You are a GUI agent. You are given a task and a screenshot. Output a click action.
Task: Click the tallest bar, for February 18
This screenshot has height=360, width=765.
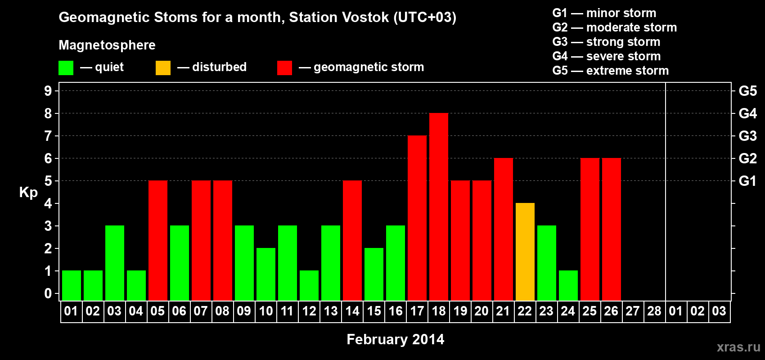click(438, 207)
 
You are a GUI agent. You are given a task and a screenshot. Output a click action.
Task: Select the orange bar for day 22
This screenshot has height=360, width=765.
click(525, 252)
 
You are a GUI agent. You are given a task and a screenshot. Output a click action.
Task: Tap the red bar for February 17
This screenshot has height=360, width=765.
click(417, 218)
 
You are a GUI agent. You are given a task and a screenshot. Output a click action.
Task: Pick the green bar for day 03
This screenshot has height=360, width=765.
click(114, 263)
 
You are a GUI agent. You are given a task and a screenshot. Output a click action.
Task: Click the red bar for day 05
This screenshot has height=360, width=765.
click(157, 240)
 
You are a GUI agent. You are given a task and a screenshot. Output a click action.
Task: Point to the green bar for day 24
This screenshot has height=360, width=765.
click(568, 285)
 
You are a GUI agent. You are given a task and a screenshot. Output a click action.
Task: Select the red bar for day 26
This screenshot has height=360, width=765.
click(611, 229)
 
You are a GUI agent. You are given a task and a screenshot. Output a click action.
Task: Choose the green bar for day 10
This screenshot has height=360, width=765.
click(265, 274)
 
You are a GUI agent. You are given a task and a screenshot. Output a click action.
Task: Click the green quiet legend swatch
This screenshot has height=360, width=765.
click(66, 68)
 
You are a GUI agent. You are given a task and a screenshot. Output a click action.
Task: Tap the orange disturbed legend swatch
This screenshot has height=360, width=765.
click(163, 68)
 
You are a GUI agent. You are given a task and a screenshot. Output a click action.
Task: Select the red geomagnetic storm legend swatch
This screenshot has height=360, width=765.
click(284, 68)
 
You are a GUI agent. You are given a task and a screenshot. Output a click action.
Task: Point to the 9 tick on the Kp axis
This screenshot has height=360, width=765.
click(48, 91)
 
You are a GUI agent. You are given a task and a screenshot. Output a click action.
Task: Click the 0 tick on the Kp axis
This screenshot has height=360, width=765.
click(48, 293)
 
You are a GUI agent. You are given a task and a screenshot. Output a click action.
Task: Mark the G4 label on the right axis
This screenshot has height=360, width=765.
click(747, 113)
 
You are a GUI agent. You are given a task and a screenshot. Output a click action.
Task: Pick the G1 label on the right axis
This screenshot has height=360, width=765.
click(747, 181)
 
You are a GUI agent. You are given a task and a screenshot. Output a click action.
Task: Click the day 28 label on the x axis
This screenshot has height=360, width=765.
click(654, 311)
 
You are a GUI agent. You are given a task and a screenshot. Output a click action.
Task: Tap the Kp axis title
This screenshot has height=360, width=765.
click(28, 193)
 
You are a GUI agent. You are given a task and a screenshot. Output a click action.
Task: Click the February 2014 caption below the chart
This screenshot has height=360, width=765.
click(395, 339)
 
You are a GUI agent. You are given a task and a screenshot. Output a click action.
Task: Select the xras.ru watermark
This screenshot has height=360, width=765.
click(738, 347)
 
